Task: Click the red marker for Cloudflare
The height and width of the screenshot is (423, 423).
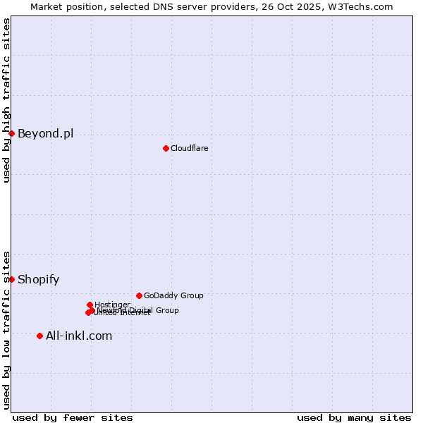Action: (166, 148)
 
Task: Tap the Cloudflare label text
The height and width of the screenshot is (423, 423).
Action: (189, 148)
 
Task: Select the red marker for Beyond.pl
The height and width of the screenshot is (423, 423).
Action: (11, 133)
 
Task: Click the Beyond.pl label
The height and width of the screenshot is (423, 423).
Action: (45, 133)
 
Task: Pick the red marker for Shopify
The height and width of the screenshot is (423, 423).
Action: (11, 279)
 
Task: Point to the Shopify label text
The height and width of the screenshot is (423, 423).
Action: (38, 279)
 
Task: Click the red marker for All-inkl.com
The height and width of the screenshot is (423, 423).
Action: (39, 336)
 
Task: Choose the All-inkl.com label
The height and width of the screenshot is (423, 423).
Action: (78, 336)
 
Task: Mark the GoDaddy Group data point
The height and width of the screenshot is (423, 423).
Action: (139, 295)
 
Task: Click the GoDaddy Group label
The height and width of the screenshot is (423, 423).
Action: (173, 295)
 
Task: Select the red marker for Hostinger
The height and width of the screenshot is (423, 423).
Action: (90, 305)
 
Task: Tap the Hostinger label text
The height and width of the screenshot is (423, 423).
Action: (112, 305)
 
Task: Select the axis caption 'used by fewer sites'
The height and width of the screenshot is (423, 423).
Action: (73, 417)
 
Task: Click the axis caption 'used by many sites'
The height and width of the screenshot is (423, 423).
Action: (354, 417)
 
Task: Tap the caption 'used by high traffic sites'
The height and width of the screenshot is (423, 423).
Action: (6, 100)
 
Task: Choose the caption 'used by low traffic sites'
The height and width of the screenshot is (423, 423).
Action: (6, 330)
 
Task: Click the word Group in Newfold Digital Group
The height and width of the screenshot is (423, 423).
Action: (168, 310)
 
